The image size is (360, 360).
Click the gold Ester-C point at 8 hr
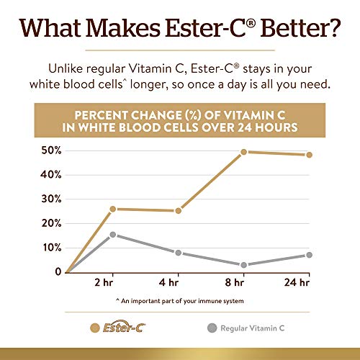click(x=244, y=152)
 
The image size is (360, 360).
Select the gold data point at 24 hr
click(x=309, y=155)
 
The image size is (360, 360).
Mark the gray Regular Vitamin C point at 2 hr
click(x=113, y=235)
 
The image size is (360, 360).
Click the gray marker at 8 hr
click(x=244, y=265)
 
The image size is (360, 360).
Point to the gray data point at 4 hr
click(x=178, y=253)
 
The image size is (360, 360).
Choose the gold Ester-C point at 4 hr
click(x=178, y=210)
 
